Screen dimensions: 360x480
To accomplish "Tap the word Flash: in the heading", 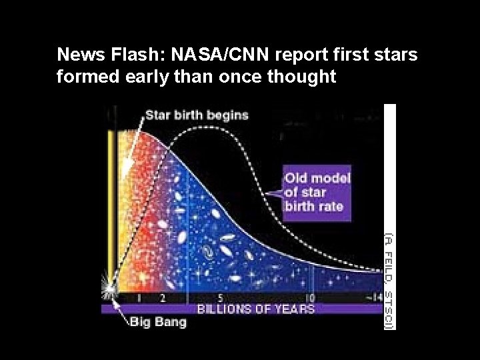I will click(x=139, y=55).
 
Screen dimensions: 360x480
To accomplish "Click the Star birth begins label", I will click(x=197, y=115).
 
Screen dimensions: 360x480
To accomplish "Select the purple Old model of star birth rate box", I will click(x=317, y=193).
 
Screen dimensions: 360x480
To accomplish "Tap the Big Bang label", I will click(x=157, y=323).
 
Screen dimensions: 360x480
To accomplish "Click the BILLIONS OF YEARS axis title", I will click(x=255, y=309).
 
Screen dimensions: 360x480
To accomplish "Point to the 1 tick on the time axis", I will click(x=139, y=298).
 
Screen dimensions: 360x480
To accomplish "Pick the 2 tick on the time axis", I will click(x=162, y=298).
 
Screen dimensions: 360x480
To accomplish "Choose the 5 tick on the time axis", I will click(x=221, y=298).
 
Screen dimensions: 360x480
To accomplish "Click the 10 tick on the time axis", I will click(x=309, y=298).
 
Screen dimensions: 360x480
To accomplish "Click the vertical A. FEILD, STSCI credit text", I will click(x=389, y=280).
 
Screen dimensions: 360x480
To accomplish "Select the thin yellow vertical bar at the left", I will click(x=112, y=200).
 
